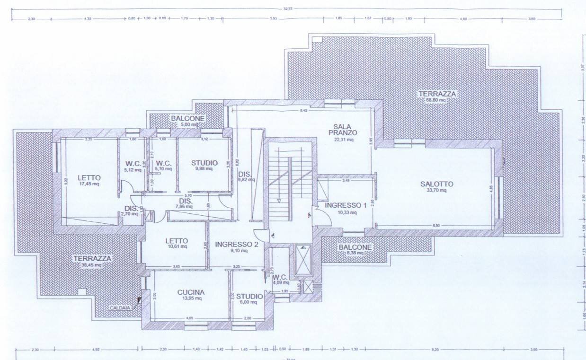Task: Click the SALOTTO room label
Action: (437, 184)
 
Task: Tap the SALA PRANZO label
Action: (345, 129)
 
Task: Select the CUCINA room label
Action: (191, 292)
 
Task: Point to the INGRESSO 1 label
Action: (346, 205)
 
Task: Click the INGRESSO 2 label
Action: (236, 244)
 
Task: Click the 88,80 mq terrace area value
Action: (435, 100)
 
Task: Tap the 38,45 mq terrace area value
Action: (92, 265)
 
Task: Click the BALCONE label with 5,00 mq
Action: (187, 118)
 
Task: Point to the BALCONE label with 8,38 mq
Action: (355, 247)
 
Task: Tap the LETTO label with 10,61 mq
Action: (177, 240)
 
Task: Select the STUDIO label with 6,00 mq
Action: (249, 296)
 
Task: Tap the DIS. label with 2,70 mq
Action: (131, 208)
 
